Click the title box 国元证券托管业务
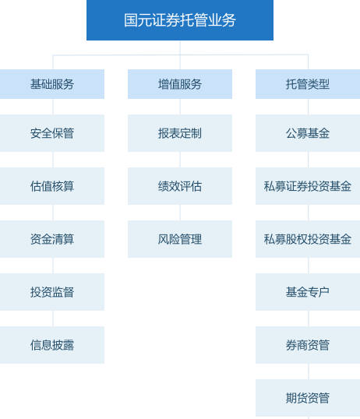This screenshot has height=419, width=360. click(180, 20)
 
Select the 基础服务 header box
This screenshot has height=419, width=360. click(52, 84)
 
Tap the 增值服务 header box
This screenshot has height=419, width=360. click(180, 84)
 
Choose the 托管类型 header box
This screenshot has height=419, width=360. click(308, 84)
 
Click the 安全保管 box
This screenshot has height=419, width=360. click(52, 133)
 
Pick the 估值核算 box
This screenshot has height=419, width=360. click(52, 186)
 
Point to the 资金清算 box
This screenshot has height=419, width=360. click(52, 239)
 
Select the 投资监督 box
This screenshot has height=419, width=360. click(52, 292)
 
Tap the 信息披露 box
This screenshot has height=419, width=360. click(52, 345)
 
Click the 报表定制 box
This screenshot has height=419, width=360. click(180, 133)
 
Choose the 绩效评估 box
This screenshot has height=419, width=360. click(180, 186)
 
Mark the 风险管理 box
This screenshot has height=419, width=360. click(180, 239)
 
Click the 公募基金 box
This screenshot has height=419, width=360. click(308, 133)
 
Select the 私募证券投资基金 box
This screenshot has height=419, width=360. click(308, 186)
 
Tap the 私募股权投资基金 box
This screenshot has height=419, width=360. click(308, 239)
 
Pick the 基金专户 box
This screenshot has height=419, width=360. click(308, 292)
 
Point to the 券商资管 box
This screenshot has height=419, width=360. click(308, 345)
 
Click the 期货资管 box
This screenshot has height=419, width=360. click(308, 398)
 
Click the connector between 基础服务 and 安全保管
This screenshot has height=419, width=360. click(53, 107)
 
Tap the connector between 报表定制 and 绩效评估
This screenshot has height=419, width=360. click(180, 160)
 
